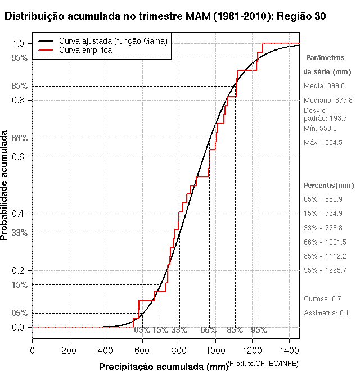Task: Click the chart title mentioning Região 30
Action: tap(164, 16)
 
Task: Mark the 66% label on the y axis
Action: tap(20, 138)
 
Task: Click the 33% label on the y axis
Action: tap(20, 232)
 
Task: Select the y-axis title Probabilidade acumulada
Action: tap(5, 186)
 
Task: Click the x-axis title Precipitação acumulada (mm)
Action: tap(164, 367)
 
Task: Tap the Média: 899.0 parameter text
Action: tap(324, 85)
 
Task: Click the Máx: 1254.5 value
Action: tap(323, 143)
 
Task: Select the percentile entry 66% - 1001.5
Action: tap(325, 242)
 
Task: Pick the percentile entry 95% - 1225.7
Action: tap(325, 270)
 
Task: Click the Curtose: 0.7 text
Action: tap(322, 298)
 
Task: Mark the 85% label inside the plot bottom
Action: tap(235, 330)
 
